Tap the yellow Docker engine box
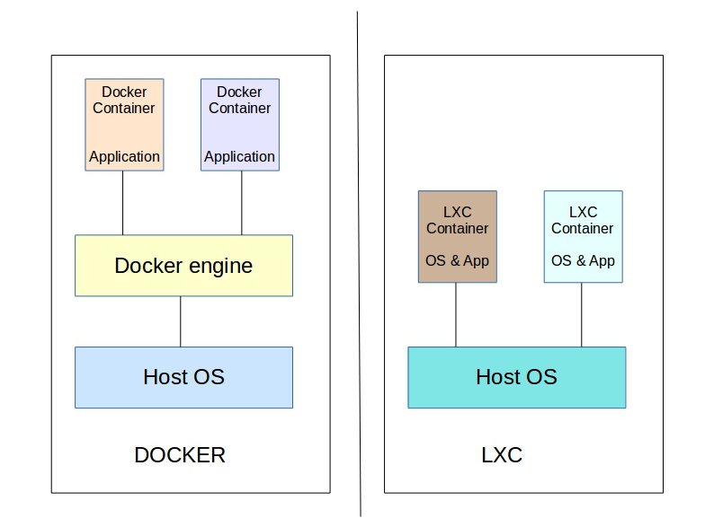[183, 266]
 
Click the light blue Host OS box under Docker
[183, 377]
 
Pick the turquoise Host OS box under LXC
[516, 377]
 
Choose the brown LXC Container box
[457, 236]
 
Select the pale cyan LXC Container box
[582, 236]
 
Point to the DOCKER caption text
[180, 455]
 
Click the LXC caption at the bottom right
[502, 455]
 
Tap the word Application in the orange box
[124, 156]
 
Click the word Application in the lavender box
[239, 156]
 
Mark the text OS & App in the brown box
[457, 261]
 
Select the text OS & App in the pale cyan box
[582, 261]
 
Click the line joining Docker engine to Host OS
[181, 321]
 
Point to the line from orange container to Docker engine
[122, 203]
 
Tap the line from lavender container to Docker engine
[241, 203]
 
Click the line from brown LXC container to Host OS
[455, 314]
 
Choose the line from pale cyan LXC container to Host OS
[581, 314]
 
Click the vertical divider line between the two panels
[359, 269]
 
